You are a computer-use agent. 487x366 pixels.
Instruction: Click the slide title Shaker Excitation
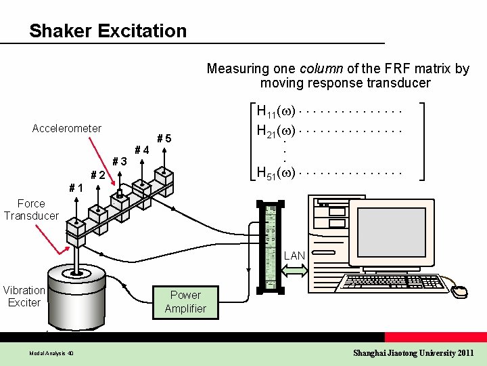click(108, 30)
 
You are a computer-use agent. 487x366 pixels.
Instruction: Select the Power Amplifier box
click(185, 302)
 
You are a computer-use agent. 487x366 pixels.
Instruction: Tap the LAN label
click(294, 256)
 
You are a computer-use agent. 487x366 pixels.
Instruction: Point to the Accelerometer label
click(67, 129)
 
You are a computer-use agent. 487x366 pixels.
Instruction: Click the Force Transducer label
click(31, 209)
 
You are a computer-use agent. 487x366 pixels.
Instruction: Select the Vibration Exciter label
click(24, 296)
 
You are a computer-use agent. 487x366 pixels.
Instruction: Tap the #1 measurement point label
click(76, 188)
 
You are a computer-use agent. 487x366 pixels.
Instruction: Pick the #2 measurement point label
click(98, 176)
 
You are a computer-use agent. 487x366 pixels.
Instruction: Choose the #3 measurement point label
click(120, 162)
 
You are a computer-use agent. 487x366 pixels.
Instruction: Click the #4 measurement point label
click(142, 150)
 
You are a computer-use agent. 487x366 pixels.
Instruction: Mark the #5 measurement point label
click(164, 139)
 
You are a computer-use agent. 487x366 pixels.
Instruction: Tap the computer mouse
click(460, 291)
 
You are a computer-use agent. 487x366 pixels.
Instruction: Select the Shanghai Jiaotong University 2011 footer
click(414, 353)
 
